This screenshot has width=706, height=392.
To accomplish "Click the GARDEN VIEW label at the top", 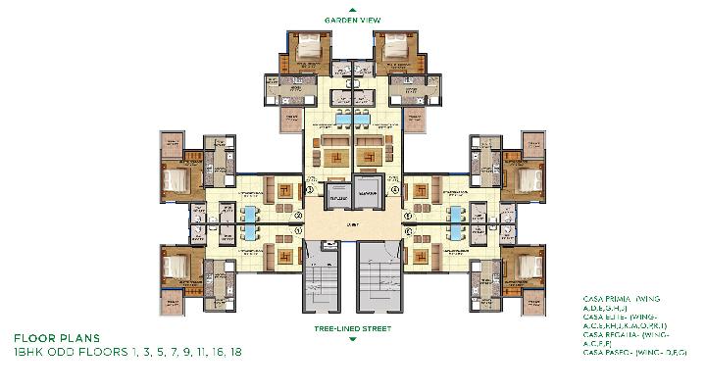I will point(354,19).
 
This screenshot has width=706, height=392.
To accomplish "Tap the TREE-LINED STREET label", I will point(353,329).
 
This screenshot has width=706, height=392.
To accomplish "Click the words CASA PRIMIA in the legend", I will point(602,296).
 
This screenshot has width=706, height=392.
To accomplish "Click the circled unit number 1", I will point(298,231).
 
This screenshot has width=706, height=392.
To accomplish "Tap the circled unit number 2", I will point(298,216).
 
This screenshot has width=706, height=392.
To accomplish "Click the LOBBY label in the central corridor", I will point(352,225).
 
